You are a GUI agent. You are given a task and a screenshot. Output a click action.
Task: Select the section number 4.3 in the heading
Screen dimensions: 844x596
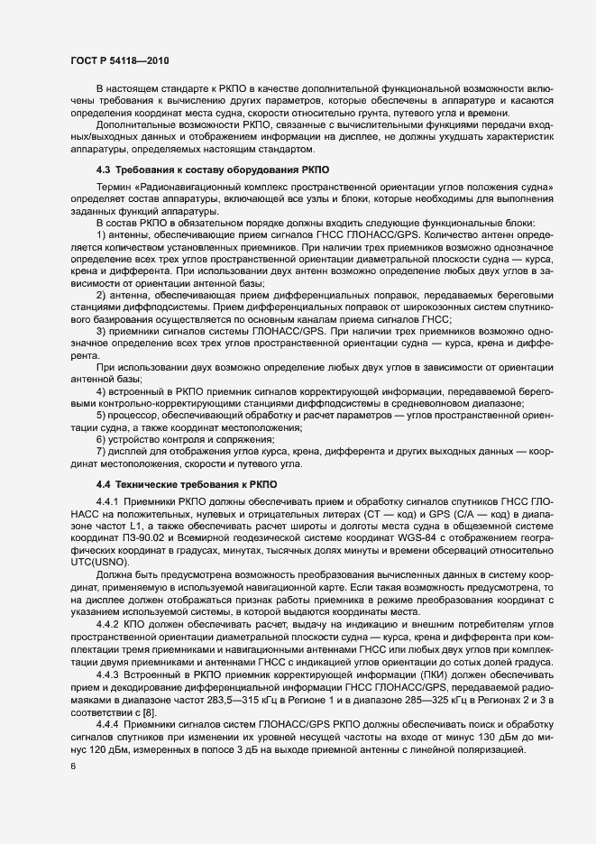tap(104, 169)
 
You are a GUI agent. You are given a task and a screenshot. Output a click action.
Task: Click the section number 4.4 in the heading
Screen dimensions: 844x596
tap(104, 484)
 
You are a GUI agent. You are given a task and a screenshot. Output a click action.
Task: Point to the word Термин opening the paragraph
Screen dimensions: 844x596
tap(115, 186)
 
